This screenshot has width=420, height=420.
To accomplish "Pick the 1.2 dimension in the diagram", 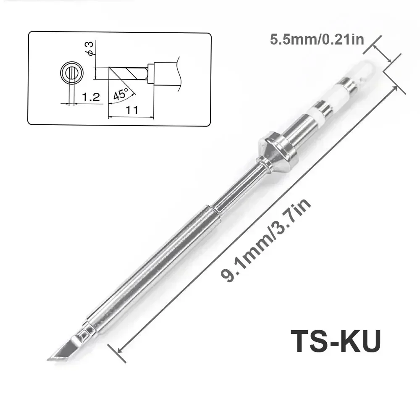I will click(x=90, y=97).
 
